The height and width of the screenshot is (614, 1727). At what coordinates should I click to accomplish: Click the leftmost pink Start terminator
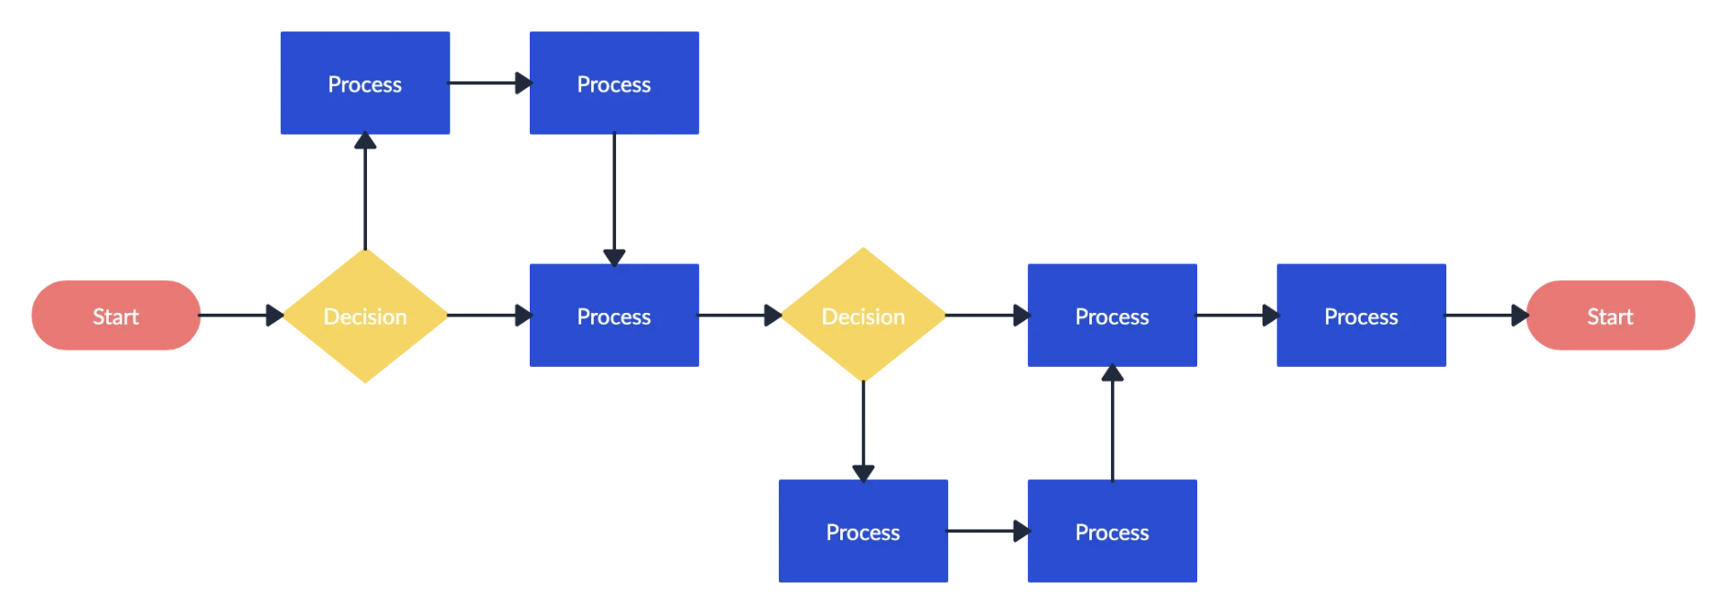coord(115,316)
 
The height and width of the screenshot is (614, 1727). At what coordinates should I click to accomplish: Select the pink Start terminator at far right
coord(1610,316)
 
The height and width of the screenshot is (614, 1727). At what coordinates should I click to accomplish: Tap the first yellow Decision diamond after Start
coord(364,316)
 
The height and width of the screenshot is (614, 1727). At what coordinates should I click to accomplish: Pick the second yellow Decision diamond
coord(863,316)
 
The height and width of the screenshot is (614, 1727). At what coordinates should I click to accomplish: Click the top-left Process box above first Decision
coord(363,84)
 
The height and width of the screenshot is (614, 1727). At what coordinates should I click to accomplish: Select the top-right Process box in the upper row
coord(614,84)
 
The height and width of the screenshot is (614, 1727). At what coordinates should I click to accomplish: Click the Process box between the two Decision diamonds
coord(614,316)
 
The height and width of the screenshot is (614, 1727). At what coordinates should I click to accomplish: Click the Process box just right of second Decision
coord(1112,316)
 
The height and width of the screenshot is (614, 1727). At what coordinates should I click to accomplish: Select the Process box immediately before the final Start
coord(1362,316)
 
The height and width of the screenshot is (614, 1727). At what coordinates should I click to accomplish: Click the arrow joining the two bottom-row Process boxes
coord(986,531)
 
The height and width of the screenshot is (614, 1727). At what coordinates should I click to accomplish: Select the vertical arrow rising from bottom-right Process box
coord(1112,423)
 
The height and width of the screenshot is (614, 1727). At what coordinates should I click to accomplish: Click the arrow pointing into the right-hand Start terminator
coord(1488,316)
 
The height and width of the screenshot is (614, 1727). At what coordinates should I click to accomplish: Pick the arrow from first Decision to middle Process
coord(487,316)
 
